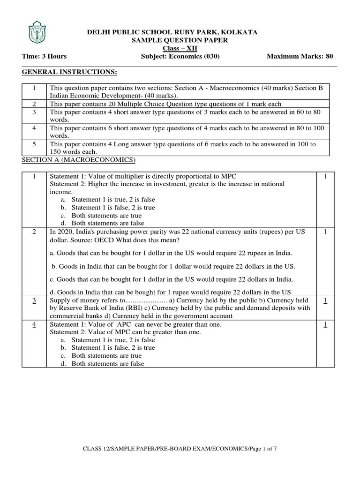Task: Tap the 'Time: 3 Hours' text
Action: [45, 57]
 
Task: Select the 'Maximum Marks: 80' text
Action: [300, 57]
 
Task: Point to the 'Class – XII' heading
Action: [180, 49]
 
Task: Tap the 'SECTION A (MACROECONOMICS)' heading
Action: [78, 161]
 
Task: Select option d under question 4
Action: [107, 364]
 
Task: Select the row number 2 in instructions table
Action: [34, 104]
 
